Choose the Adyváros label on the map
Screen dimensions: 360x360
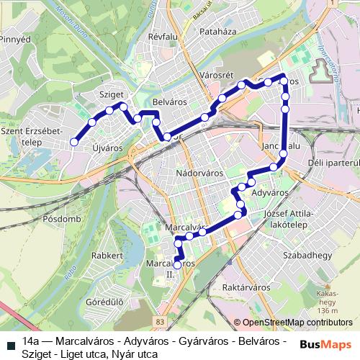coord(270,193)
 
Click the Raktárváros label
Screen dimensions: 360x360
coord(246,287)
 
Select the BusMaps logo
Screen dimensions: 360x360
coord(325,344)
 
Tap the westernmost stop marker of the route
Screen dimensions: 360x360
coord(73,143)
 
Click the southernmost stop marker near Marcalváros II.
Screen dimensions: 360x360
coord(178,266)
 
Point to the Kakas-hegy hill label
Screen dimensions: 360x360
coord(327,299)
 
